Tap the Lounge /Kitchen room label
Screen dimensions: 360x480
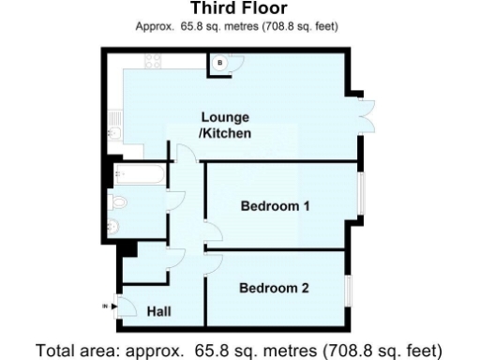point(225,126)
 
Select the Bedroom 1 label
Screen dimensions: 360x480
point(275,205)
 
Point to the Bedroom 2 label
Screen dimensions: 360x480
point(273,288)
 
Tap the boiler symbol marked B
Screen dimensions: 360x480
point(219,63)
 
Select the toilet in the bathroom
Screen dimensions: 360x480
point(120,202)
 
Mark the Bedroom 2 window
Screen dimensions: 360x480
point(349,290)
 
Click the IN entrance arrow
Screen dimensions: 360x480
point(104,306)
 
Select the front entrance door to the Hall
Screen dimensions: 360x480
point(120,306)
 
